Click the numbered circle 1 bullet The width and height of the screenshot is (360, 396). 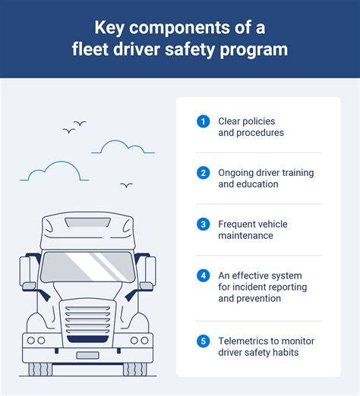click(203, 121)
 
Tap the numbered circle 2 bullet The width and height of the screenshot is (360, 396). click(203, 173)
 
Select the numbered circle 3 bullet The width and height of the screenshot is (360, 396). click(203, 225)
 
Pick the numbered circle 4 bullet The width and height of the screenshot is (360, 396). click(203, 275)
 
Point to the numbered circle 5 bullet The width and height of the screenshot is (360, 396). click(203, 341)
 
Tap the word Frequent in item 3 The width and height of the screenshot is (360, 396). click(237, 225)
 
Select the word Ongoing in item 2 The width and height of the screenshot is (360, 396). click(235, 173)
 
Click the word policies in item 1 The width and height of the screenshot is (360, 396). click(259, 121)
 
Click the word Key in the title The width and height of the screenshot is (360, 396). click(109, 28)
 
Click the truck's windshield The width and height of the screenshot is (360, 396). click(87, 267)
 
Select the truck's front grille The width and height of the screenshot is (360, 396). click(87, 325)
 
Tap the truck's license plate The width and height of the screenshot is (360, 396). click(87, 355)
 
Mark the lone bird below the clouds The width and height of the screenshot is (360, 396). click(126, 185)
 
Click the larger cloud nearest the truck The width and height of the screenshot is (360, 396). click(55, 171)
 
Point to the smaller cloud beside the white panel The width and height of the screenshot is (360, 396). click(123, 147)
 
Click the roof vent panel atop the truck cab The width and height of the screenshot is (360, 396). click(87, 222)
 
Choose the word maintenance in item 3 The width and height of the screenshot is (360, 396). click(245, 236)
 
